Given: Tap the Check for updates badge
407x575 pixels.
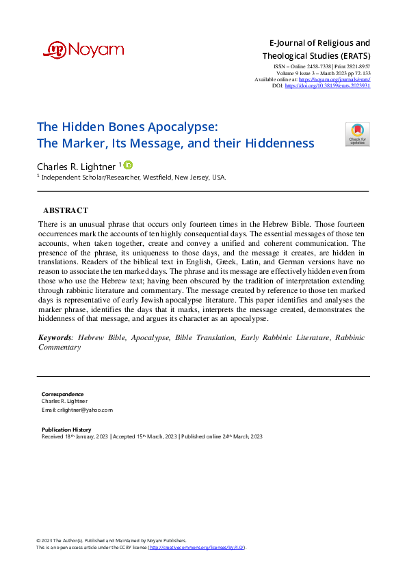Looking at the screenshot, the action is pos(357,135).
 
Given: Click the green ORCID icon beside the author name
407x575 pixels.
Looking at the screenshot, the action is pos(128,165).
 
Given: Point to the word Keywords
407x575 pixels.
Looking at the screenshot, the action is pos(55,337).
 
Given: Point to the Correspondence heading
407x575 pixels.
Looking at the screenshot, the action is pos(63,394).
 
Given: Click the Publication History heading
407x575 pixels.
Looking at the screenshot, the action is pos(66,430).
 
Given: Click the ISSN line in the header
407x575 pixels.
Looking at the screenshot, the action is pos(321,66).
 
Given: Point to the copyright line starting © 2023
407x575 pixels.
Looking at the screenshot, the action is pos(111,540).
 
